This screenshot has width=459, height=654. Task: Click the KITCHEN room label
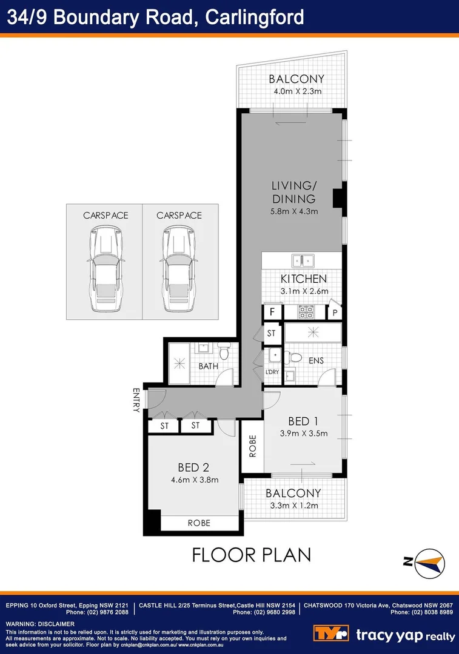304,279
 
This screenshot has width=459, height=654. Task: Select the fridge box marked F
273,312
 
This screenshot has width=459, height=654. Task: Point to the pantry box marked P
335,312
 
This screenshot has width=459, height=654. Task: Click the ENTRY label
136,400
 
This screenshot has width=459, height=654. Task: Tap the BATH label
208,366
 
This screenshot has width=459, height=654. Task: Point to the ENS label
315,361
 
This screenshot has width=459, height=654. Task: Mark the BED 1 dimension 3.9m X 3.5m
304,433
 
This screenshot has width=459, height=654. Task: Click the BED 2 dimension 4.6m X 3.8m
194,480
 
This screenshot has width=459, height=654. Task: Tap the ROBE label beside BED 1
252,446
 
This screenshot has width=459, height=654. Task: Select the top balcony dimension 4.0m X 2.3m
297,91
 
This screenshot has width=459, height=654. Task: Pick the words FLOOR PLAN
251,554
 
